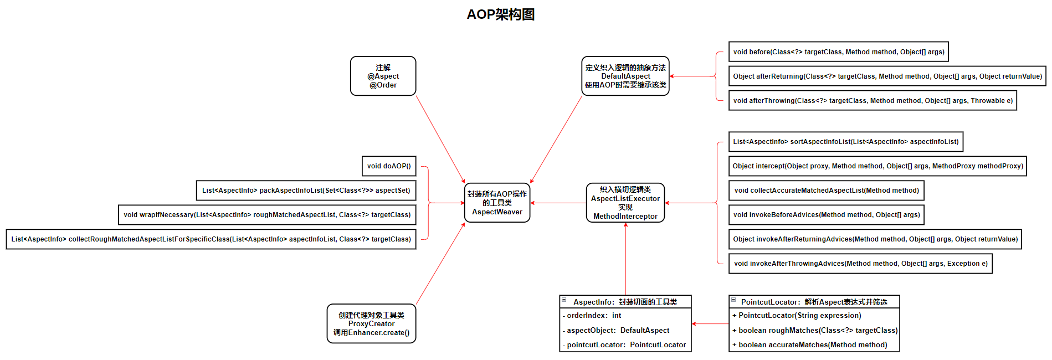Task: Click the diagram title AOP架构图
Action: click(500, 14)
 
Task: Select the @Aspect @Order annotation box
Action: click(383, 76)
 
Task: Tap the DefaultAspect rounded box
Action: click(625, 76)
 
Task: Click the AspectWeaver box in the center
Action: click(497, 203)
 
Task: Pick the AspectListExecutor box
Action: click(625, 203)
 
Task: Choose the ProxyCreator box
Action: click(371, 323)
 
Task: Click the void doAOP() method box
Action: click(388, 166)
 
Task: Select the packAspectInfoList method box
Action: click(306, 191)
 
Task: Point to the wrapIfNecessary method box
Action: click(267, 215)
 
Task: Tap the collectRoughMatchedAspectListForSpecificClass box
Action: click(211, 239)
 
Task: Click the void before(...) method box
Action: click(838, 52)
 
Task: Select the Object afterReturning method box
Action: click(887, 76)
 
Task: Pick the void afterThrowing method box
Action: click(873, 101)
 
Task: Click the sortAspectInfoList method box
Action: click(845, 142)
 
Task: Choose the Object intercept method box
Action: click(877, 166)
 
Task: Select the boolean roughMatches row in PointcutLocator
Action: click(814, 331)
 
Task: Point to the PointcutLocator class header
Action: click(814, 302)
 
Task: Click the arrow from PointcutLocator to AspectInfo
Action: click(710, 324)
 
